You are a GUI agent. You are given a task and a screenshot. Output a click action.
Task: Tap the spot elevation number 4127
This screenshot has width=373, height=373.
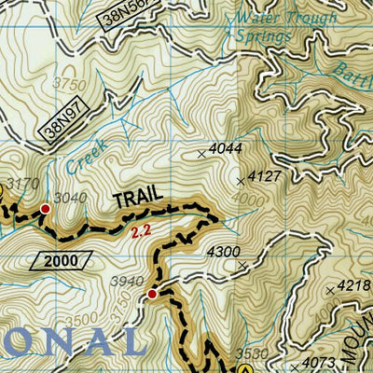pyautogui.click(x=260, y=174)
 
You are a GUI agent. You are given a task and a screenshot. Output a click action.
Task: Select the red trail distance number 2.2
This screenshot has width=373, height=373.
pyautogui.click(x=142, y=228)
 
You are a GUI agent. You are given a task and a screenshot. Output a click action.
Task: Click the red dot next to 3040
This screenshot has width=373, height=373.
pyautogui.click(x=44, y=209)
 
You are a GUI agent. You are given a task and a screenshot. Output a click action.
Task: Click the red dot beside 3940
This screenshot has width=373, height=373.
pyautogui.click(x=152, y=295)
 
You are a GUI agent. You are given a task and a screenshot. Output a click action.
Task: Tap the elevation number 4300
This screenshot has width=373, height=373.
pyautogui.click(x=223, y=252)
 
